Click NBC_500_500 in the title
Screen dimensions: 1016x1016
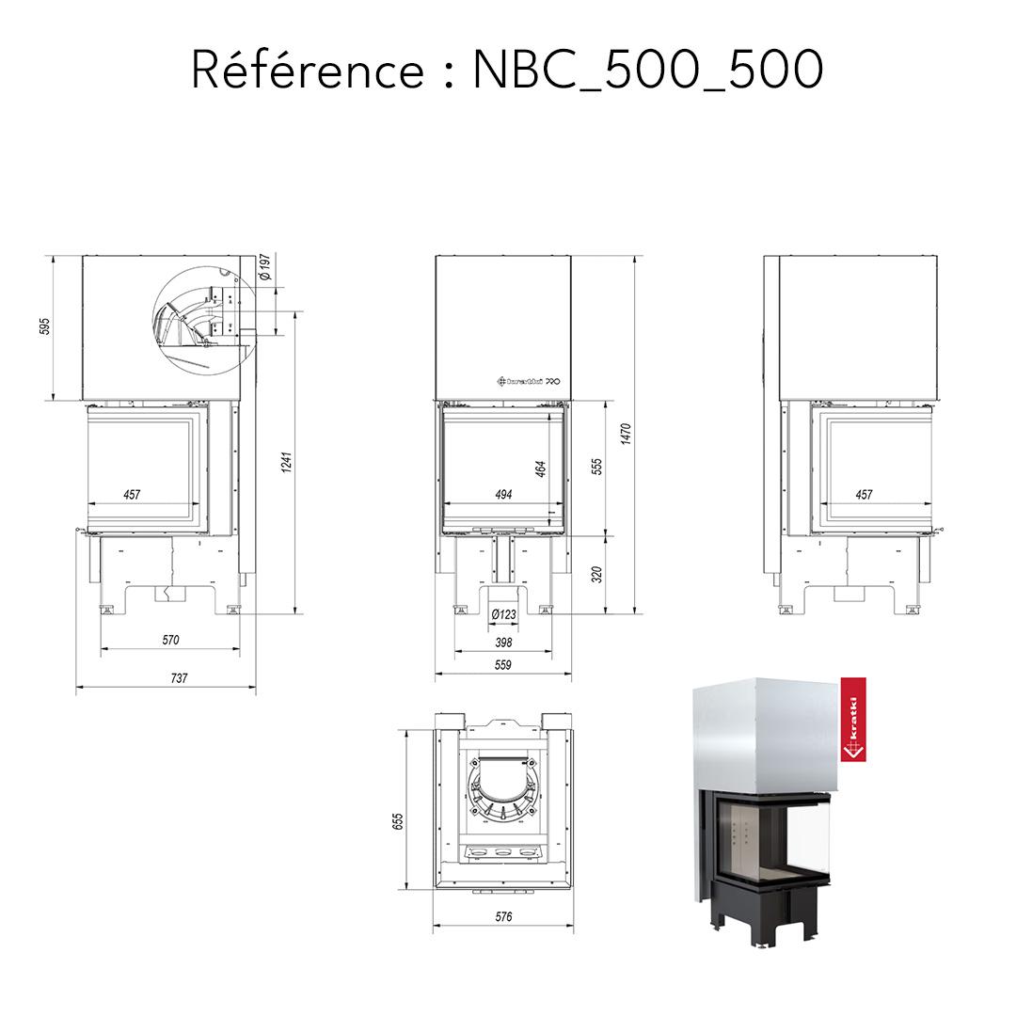pos(648,71)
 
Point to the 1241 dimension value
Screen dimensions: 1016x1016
pos(288,462)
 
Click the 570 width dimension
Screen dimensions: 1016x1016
pos(170,641)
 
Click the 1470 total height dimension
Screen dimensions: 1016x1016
pos(627,435)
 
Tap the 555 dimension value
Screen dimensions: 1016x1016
pos(596,467)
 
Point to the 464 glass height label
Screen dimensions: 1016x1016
pos(541,468)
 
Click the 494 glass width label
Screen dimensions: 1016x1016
pos(503,495)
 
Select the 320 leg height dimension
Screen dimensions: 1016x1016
pos(596,574)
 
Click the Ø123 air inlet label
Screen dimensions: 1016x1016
pos(504,615)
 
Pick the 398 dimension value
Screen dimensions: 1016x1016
pos(503,643)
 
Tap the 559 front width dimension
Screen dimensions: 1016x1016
pos(503,665)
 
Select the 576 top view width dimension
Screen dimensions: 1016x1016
pos(503,917)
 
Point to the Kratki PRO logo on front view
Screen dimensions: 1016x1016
pos(529,381)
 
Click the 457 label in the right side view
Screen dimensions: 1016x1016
pos(864,495)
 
